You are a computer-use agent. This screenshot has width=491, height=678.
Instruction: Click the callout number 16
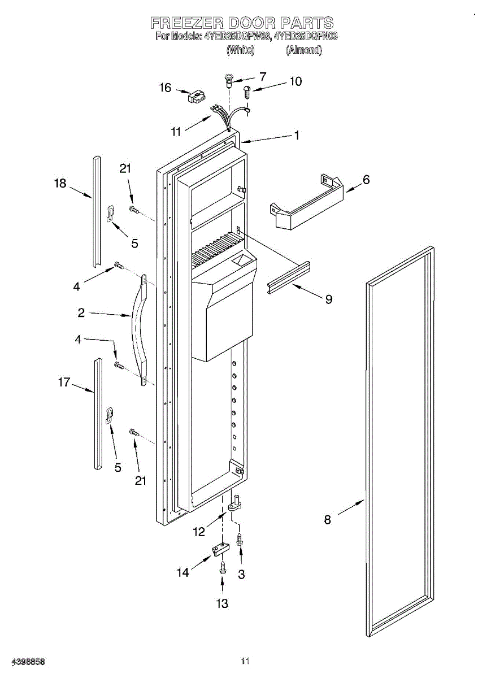(x=165, y=88)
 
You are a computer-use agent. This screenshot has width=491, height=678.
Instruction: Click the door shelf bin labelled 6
(x=305, y=203)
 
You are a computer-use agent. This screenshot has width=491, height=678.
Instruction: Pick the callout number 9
(x=329, y=299)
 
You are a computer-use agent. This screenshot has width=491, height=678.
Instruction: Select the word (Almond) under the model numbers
(x=304, y=50)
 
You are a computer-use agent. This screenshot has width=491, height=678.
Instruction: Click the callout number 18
(x=60, y=183)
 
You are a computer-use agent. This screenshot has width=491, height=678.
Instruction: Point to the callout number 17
(x=64, y=383)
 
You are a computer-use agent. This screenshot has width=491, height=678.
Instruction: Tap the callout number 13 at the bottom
(x=222, y=604)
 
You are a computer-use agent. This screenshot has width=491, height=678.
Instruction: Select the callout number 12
(x=199, y=532)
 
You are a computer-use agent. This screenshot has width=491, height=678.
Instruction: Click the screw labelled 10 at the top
(x=247, y=92)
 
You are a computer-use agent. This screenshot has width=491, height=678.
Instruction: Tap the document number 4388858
(x=23, y=661)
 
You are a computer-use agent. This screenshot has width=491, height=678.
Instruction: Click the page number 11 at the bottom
(x=245, y=660)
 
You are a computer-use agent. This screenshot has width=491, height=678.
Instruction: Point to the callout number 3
(x=241, y=575)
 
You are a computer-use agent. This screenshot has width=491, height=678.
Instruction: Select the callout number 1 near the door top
(x=296, y=136)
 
